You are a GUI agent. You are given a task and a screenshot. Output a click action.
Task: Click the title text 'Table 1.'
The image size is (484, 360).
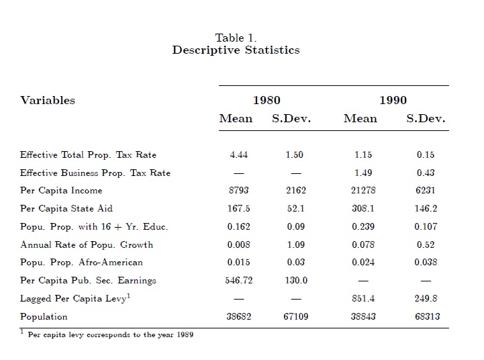pos(236,38)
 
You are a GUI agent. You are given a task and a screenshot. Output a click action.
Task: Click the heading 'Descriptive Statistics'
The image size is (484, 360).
pos(236,50)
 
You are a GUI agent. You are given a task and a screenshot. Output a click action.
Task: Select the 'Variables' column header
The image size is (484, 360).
pos(48,101)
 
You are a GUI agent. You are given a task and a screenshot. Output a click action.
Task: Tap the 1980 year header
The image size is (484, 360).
pos(267,101)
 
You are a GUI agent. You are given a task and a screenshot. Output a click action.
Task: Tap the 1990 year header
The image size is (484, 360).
pos(393,101)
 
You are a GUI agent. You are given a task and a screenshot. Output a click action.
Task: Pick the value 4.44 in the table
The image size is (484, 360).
pos(238,154)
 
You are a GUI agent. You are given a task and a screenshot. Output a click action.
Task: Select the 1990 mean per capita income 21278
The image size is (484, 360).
pos(363,191)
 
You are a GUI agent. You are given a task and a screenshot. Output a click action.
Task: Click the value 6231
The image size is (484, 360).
pos(426,191)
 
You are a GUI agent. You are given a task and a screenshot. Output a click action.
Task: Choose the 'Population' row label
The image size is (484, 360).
pos(44,316)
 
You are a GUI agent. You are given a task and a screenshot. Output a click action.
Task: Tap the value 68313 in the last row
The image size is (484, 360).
pos(426,316)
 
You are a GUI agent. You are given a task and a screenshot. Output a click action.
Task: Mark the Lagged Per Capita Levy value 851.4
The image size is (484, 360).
pos(363,298)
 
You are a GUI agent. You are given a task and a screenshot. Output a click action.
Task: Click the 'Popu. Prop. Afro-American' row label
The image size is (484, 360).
pos(81,262)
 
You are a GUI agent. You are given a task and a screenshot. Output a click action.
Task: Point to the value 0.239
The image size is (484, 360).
pos(363,226)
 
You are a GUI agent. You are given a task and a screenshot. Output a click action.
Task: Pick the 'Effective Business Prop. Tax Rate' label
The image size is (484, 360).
pos(95,173)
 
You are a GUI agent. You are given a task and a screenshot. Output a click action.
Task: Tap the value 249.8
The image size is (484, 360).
pos(426,298)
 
